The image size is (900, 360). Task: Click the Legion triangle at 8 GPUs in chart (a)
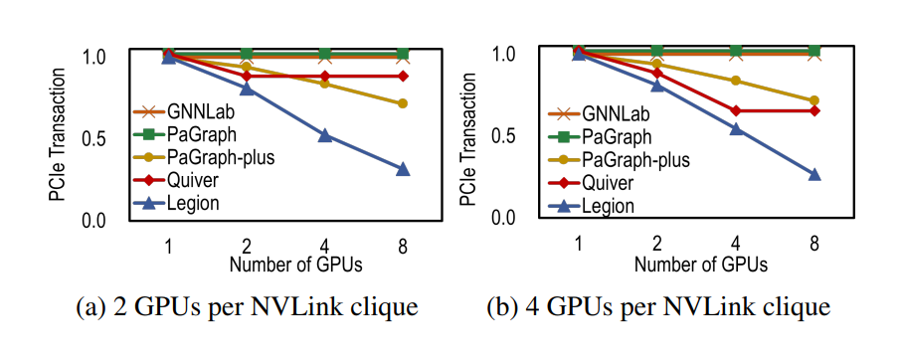click(402, 169)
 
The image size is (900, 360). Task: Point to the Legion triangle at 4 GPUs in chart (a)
click(324, 135)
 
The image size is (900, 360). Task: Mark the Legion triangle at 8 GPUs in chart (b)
click(814, 174)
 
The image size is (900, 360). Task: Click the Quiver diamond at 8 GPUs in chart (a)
click(402, 76)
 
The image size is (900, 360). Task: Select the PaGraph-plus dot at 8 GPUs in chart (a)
click(402, 103)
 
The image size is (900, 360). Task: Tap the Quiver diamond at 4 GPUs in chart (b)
click(736, 110)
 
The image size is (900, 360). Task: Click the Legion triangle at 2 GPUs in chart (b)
click(657, 86)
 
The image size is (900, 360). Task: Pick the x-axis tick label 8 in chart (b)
click(814, 242)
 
